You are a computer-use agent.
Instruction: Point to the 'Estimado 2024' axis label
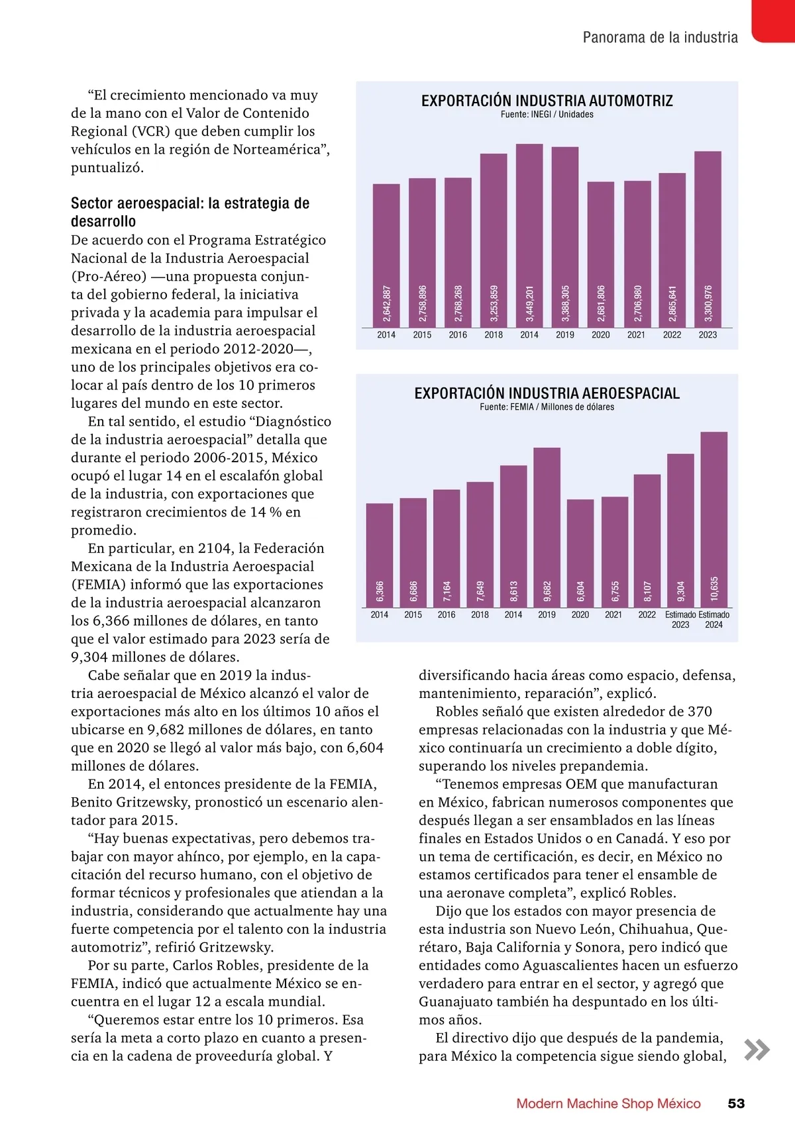tap(714, 620)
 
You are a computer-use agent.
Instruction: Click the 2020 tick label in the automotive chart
tap(601, 335)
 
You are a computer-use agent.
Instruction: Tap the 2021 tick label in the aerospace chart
tap(613, 615)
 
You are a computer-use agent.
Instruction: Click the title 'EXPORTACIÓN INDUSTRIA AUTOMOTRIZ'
tap(547, 101)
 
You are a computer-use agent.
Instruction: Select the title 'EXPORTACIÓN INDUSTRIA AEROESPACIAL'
tap(547, 393)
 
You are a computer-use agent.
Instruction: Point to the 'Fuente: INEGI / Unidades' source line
tap(547, 115)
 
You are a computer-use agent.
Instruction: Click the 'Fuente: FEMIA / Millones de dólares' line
tap(547, 407)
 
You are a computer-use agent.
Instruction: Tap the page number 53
tap(736, 1104)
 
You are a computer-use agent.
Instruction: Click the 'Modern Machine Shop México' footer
tap(608, 1104)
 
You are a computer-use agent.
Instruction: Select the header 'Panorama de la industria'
tap(660, 38)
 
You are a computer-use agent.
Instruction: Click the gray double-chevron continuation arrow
tap(757, 1050)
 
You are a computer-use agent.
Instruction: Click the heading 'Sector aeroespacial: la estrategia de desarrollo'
tap(190, 212)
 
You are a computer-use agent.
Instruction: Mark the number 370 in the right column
tap(699, 712)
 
